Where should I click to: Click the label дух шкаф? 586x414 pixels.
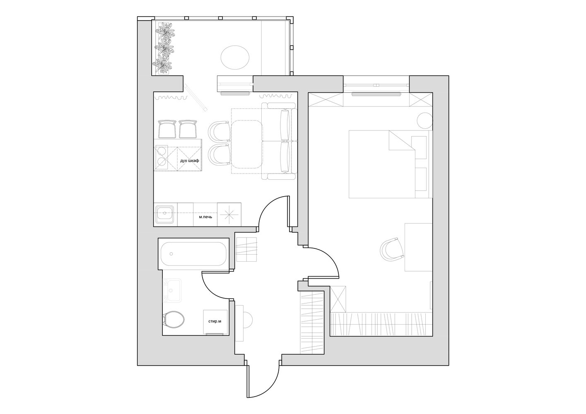[189, 161]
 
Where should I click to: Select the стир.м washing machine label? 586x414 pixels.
[215, 321]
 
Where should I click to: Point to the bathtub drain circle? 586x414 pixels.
[171, 254]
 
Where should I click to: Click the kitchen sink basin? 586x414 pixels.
[164, 214]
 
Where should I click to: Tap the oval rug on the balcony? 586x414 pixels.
[235, 58]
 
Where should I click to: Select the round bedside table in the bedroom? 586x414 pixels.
[424, 120]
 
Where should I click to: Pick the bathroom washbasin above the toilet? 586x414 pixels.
[172, 290]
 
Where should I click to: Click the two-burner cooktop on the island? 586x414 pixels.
[161, 159]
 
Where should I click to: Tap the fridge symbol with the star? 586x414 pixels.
[229, 214]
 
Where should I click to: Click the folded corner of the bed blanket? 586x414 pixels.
[402, 140]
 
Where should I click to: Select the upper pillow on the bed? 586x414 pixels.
[419, 147]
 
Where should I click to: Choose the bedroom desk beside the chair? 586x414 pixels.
[418, 247]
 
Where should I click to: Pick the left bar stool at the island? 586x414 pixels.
[167, 129]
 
